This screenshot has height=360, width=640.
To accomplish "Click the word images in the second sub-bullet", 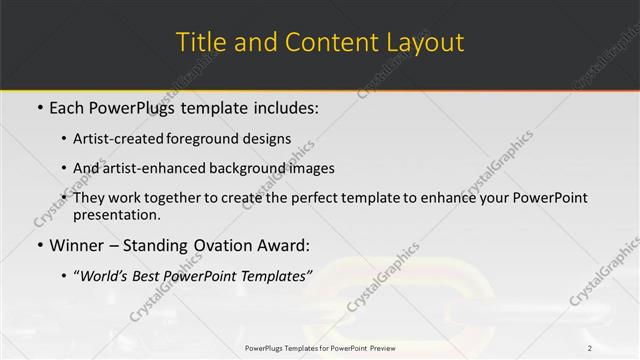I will (x=312, y=168).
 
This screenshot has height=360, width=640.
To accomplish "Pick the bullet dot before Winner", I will (x=39, y=244).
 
